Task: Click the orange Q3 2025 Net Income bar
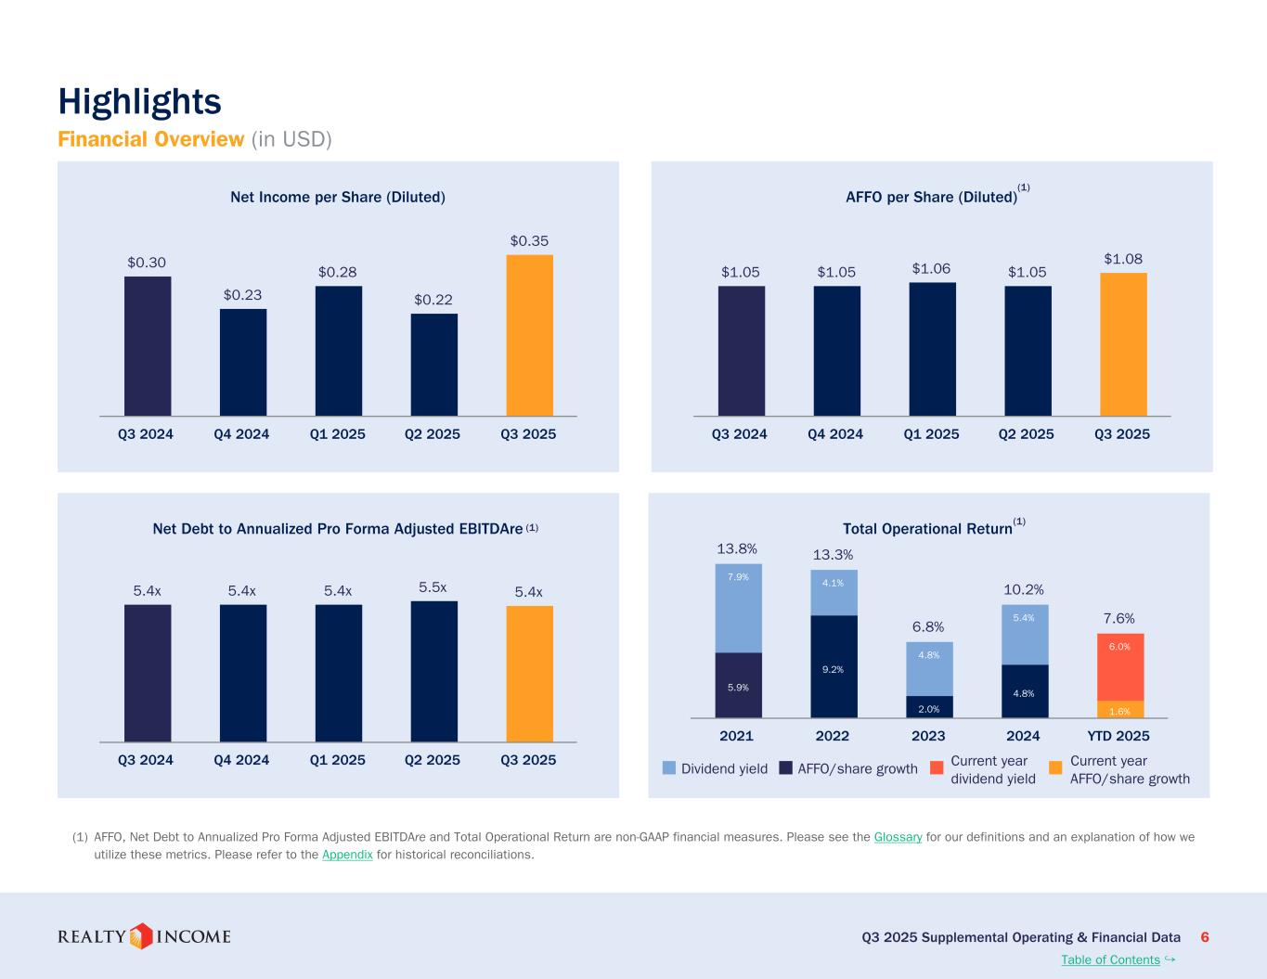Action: coord(529,335)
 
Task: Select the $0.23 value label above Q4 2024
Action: coord(242,294)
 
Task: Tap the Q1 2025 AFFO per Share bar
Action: coord(932,349)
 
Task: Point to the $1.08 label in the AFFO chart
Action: coord(1122,259)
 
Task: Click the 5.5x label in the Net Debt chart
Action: coord(433,587)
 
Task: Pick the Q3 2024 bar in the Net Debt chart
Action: coord(148,673)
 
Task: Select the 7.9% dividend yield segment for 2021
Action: coord(738,608)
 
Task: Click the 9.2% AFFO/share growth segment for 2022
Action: coord(834,666)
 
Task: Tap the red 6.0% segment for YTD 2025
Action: coord(1119,666)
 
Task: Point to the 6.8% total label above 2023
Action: coord(928,627)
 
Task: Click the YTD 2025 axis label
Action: coord(1118,736)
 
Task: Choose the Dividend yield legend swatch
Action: coord(669,768)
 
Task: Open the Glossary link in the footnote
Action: coord(898,837)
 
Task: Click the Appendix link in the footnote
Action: coord(347,855)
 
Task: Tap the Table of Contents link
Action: coord(1110,960)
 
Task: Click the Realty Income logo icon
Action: coord(140,936)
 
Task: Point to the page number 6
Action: coord(1205,937)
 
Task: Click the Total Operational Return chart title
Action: coord(926,529)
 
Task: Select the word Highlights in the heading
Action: coord(139,101)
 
